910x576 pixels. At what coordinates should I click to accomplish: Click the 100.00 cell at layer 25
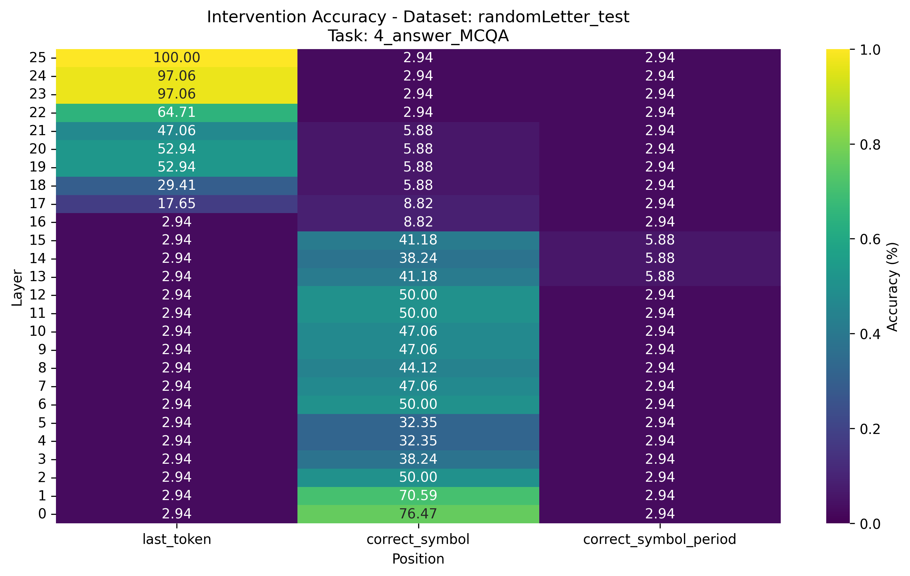tap(176, 58)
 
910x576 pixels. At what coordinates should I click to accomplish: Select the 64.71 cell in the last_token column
tap(176, 113)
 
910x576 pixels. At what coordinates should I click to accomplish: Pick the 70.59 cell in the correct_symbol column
tap(418, 495)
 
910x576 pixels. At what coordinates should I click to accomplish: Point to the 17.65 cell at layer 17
tap(176, 204)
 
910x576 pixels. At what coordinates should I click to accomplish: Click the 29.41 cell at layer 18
tap(176, 186)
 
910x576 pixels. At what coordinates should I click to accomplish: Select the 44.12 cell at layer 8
tap(418, 368)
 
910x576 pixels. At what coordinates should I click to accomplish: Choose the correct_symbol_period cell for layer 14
tap(659, 259)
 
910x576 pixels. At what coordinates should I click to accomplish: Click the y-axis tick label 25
tap(37, 58)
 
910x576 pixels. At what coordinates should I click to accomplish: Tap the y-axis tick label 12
tap(37, 295)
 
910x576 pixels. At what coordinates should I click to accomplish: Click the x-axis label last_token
tap(176, 539)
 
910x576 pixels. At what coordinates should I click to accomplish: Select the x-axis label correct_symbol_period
tap(659, 539)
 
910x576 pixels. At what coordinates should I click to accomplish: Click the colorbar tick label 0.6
tap(870, 239)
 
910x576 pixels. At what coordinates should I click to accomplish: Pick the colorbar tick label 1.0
tap(870, 50)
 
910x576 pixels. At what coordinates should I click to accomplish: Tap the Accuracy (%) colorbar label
tap(892, 286)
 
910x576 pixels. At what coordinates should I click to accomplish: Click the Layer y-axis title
tap(17, 287)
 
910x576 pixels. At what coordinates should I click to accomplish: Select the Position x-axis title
tap(418, 559)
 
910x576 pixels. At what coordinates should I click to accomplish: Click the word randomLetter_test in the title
tap(553, 17)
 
